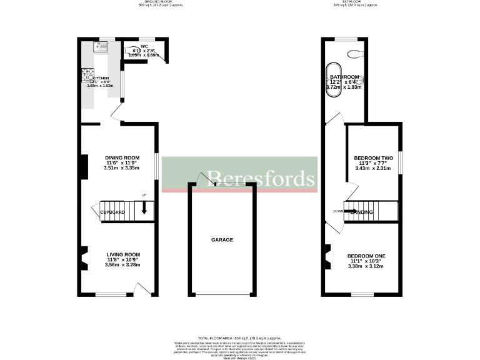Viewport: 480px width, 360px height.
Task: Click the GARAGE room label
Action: [222, 240]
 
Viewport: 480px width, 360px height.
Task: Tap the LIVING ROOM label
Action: [122, 254]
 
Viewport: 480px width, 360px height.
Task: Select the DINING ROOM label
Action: [122, 157]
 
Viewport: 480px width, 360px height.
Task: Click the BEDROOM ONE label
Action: [366, 256]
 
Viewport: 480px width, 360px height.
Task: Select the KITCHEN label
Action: [101, 79]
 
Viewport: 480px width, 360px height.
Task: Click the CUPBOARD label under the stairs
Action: [113, 213]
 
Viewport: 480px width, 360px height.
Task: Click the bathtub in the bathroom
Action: [332, 79]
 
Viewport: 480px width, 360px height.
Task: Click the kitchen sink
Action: [101, 47]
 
